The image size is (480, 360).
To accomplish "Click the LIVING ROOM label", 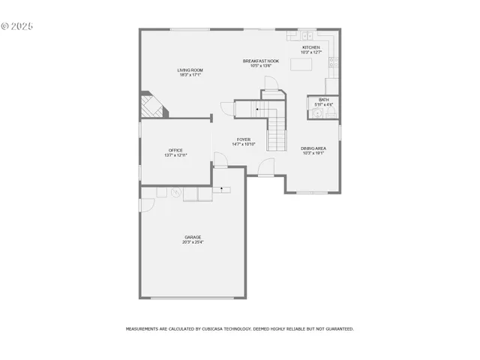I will coord(190,70).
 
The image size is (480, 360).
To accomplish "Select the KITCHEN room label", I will coord(310,47).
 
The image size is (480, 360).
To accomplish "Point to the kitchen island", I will coord(301,65).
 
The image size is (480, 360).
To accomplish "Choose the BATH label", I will coord(323,99).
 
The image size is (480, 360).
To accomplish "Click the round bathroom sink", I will coord(317,114).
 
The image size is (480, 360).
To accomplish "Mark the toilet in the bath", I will coord(331,112).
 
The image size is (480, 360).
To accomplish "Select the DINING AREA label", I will coord(313,148).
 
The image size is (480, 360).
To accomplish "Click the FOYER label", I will coord(244,139).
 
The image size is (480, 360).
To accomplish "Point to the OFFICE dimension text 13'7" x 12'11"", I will coord(175,155).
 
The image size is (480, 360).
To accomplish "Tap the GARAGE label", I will coord(193,238).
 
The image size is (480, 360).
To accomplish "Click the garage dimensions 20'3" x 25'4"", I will coord(193,242).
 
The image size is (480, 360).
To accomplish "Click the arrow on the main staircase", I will coord(257,110).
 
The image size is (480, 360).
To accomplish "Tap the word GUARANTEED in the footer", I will coord(336,328).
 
